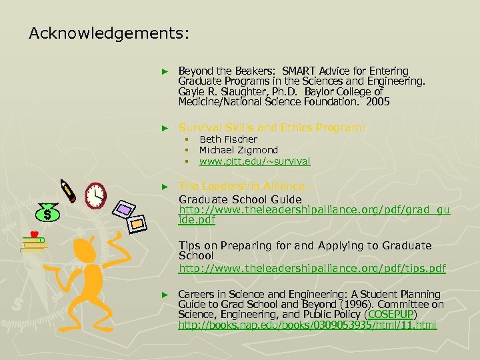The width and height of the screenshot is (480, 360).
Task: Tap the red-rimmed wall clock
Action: click(96, 194)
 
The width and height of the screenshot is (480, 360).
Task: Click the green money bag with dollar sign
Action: click(47, 212)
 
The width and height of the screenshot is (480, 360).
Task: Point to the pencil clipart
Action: click(68, 189)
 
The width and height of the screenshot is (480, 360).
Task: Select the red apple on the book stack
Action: click(33, 234)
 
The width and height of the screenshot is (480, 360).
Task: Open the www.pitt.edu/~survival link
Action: click(255, 161)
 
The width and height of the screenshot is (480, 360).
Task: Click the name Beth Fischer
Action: click(228, 139)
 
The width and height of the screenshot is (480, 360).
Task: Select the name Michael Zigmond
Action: click(239, 150)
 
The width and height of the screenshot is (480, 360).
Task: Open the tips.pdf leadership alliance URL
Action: click(312, 268)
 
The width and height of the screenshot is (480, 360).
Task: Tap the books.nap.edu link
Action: click(307, 325)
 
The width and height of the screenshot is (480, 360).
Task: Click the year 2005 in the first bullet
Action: click(377, 102)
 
